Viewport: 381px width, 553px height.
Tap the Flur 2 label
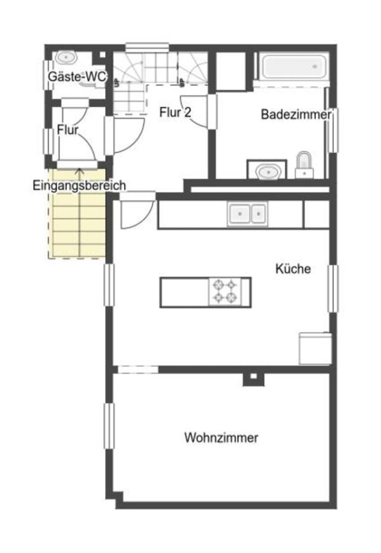tap(175, 112)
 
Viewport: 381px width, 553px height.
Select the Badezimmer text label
tap(296, 114)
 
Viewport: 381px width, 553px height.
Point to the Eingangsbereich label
tap(79, 186)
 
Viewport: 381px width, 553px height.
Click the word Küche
tap(293, 269)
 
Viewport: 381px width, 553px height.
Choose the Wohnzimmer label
tap(221, 438)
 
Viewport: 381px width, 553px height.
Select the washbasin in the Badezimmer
tap(267, 170)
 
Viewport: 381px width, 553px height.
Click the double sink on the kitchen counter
tap(248, 214)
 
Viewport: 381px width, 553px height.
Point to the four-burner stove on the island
tap(224, 292)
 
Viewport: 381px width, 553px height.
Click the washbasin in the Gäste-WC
tap(65, 57)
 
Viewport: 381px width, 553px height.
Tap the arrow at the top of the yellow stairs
tap(79, 172)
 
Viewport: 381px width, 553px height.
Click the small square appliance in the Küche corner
tap(315, 348)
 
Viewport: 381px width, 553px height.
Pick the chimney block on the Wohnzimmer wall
tap(251, 378)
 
